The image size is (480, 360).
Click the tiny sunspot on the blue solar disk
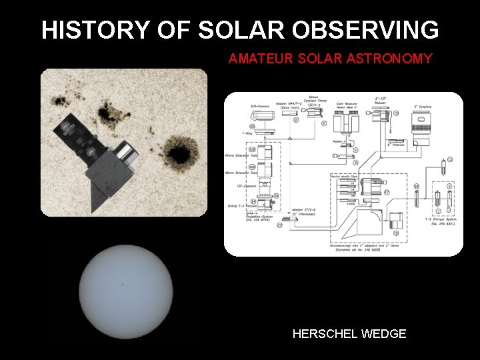tap(121, 285)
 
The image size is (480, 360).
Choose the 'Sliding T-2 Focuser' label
tap(241, 209)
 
